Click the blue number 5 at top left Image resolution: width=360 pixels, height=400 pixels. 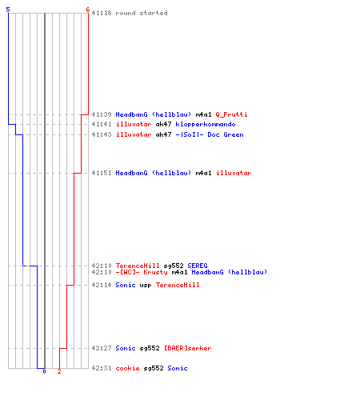[8, 10]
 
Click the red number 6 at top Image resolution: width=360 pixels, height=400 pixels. [88, 10]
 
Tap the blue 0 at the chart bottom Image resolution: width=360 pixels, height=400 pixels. [44, 371]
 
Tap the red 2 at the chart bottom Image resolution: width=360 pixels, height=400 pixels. [59, 371]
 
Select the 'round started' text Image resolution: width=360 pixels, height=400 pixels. [142, 13]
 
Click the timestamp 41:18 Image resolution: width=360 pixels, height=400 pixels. [102, 13]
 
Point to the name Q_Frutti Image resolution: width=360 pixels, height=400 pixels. [231, 114]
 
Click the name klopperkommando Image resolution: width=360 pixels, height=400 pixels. [206, 125]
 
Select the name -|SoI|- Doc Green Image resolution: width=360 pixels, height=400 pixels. [210, 134]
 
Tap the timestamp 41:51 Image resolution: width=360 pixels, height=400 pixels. [102, 173]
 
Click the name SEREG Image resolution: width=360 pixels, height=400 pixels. [198, 266]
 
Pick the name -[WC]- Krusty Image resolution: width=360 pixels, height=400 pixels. [142, 272]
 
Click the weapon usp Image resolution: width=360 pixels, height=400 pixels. [146, 286]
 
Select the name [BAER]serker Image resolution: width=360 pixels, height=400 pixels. [187, 348]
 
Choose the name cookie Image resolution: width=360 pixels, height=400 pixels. [127, 368]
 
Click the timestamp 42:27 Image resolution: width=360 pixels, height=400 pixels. [102, 348]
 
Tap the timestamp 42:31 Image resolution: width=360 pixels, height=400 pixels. [102, 368]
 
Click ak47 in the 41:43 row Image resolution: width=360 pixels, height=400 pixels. [163, 134]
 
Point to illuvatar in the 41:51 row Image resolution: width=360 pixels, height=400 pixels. [234, 173]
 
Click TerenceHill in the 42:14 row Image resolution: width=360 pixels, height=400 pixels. [178, 285]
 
